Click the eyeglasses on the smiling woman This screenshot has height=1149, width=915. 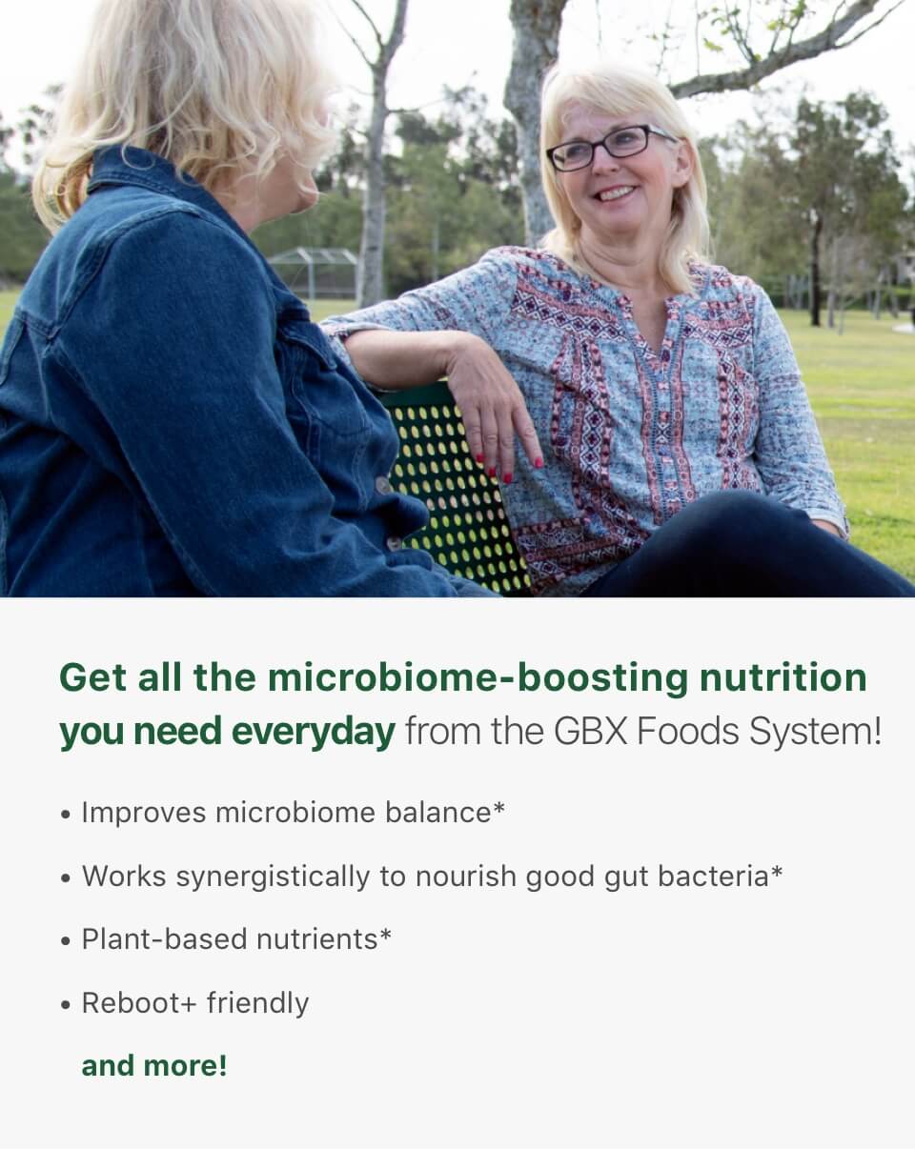click(610, 148)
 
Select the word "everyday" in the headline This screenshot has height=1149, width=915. click(313, 731)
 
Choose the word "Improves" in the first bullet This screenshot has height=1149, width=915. click(144, 814)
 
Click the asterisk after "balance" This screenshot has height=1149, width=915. click(498, 807)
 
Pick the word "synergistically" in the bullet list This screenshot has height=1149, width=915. click(273, 877)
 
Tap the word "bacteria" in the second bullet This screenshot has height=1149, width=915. click(713, 877)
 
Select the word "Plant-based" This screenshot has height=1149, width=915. click(164, 939)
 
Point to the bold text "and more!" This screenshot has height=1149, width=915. click(154, 1066)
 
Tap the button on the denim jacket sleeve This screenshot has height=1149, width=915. click(382, 485)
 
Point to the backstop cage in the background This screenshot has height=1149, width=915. click(314, 272)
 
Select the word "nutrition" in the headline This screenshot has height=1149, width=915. click(783, 677)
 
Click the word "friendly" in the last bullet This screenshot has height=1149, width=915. click(257, 1002)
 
